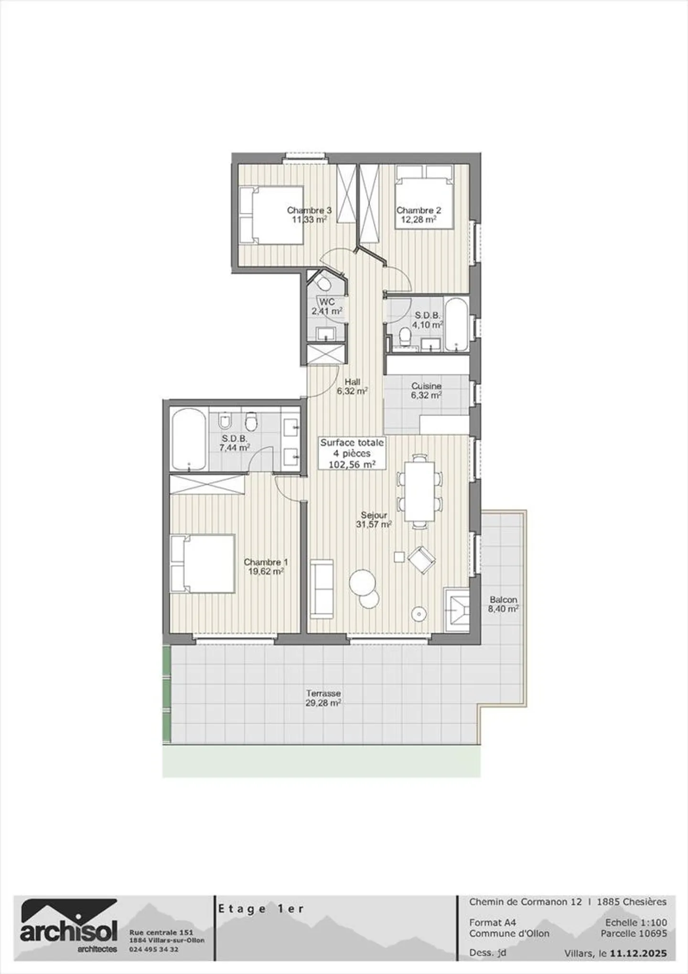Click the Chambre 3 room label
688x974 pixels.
(x=309, y=210)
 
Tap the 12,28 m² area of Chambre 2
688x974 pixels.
(x=418, y=220)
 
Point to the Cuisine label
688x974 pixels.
(x=426, y=386)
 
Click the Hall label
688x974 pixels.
(x=352, y=382)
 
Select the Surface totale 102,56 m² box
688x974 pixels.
(x=352, y=454)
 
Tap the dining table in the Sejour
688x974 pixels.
(x=419, y=491)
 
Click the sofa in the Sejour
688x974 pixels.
(x=322, y=588)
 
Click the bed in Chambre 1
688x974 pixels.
(x=203, y=564)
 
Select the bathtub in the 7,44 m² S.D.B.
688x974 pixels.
(x=189, y=439)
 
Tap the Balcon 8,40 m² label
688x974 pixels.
(x=503, y=604)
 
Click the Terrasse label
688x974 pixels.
(x=323, y=693)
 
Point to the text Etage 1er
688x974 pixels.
(x=261, y=909)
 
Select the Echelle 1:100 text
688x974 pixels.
(x=636, y=922)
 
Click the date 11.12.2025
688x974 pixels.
(x=638, y=953)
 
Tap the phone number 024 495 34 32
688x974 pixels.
(x=154, y=949)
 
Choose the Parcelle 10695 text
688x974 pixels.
(x=634, y=933)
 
